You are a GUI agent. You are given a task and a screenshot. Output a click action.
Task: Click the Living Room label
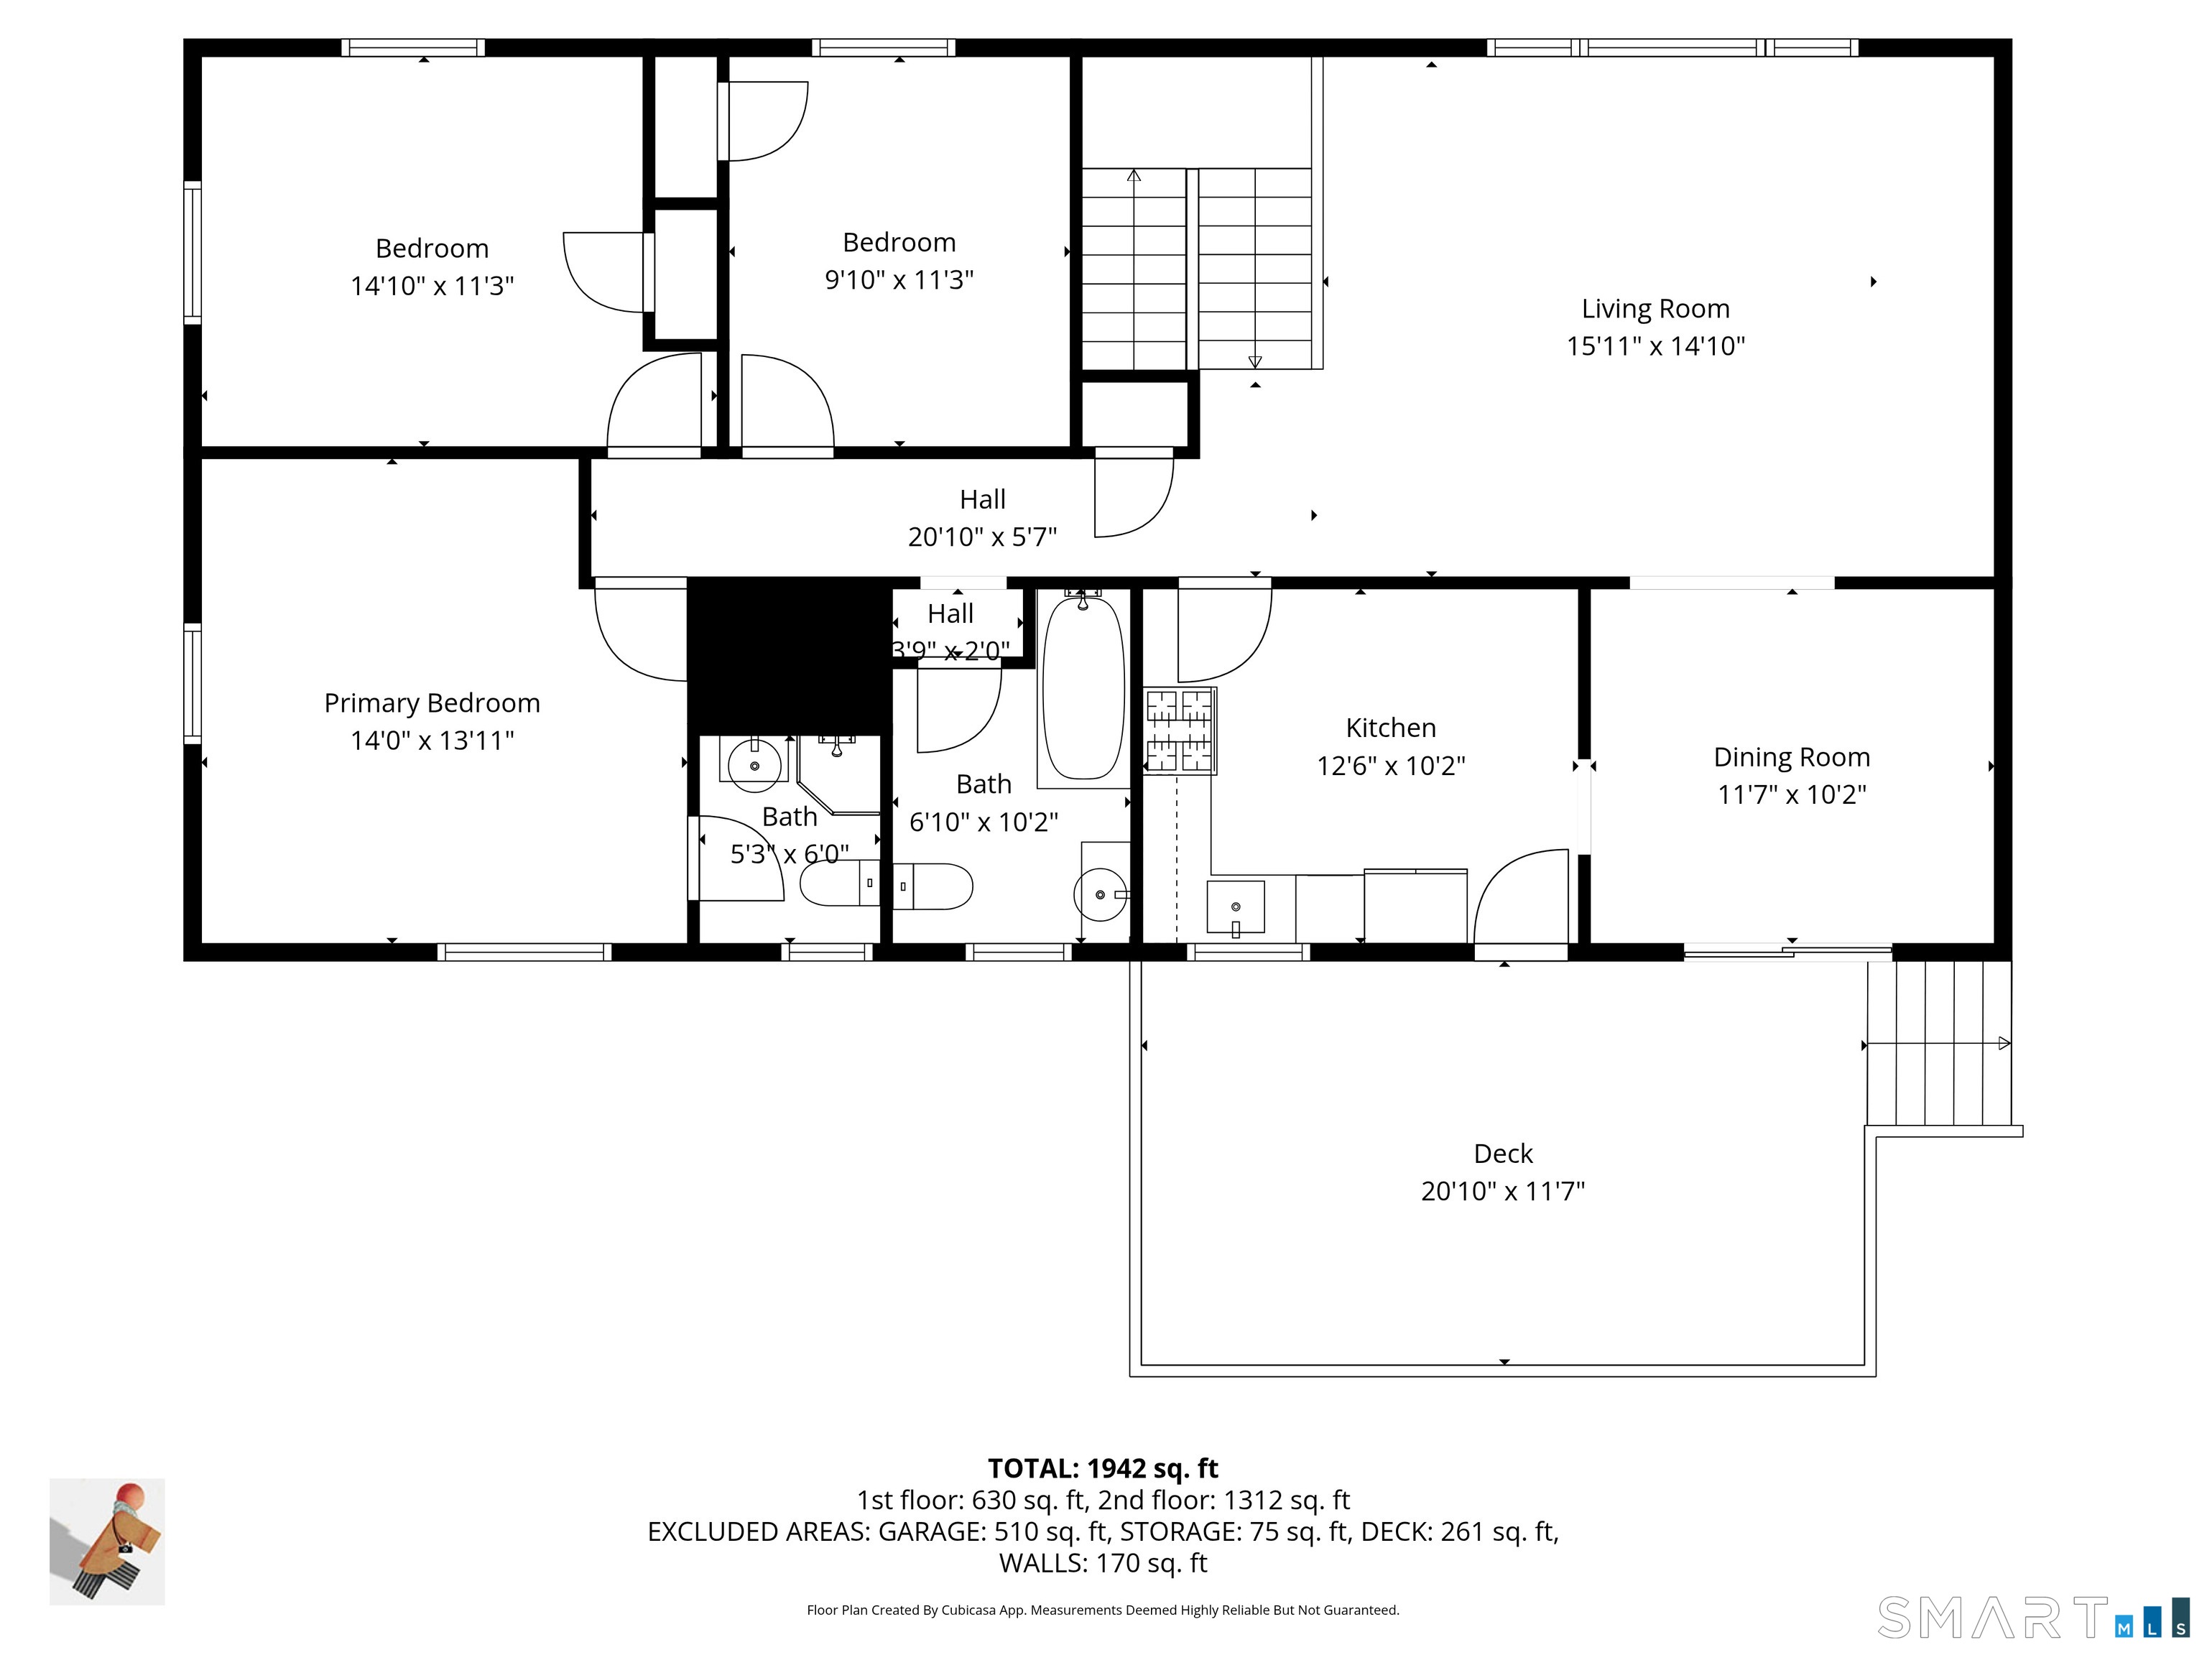click(1655, 310)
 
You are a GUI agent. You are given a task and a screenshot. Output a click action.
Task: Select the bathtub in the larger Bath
click(1083, 688)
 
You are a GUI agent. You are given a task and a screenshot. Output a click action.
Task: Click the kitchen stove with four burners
click(1180, 731)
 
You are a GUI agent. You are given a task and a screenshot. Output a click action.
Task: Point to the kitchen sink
click(1235, 907)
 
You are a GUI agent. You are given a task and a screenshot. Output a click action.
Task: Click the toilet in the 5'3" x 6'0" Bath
click(839, 884)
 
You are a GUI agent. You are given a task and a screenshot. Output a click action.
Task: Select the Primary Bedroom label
click(432, 703)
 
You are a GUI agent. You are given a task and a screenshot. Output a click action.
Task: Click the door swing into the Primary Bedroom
click(639, 634)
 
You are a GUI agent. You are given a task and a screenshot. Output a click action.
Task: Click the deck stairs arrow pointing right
click(2004, 1044)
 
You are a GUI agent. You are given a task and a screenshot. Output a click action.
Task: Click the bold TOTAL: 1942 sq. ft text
click(1103, 1468)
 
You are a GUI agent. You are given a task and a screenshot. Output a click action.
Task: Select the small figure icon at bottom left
click(108, 1542)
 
